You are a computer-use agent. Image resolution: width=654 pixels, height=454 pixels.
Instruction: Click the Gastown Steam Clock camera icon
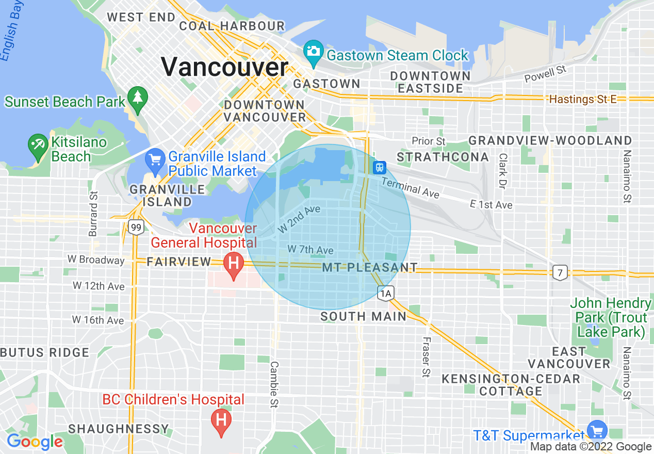click(x=313, y=52)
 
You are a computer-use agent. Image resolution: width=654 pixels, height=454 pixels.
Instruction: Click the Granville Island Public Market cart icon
click(x=155, y=160)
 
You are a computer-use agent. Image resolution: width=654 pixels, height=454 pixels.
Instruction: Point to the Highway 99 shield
click(x=136, y=226)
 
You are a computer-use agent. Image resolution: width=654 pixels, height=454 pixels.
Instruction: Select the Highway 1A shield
click(x=386, y=294)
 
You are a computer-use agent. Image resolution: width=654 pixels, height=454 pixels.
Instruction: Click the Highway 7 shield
click(x=560, y=272)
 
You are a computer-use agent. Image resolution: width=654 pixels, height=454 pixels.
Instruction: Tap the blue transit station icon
click(x=379, y=167)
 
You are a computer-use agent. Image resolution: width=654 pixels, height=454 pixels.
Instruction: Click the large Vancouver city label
click(x=224, y=68)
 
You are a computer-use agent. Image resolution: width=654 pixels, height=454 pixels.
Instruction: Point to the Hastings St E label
click(x=583, y=99)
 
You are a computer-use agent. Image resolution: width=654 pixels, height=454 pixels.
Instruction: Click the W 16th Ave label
click(x=98, y=320)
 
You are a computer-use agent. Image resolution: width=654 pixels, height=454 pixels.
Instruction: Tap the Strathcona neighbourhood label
click(x=443, y=156)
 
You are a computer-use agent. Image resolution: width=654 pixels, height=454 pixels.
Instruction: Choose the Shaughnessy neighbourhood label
click(x=119, y=429)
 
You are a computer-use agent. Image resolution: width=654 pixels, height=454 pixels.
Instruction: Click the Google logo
click(x=34, y=442)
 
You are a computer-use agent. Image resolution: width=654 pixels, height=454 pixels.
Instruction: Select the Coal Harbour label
click(x=232, y=26)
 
